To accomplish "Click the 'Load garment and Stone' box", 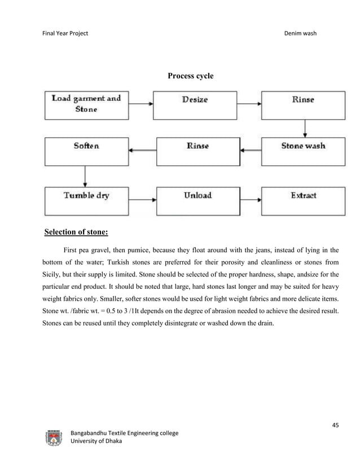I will (86, 104).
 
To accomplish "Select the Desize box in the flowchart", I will (195, 104).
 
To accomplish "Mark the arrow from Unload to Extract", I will (252, 199).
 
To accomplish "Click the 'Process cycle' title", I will (191, 76).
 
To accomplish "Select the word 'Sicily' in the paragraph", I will (54, 276).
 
